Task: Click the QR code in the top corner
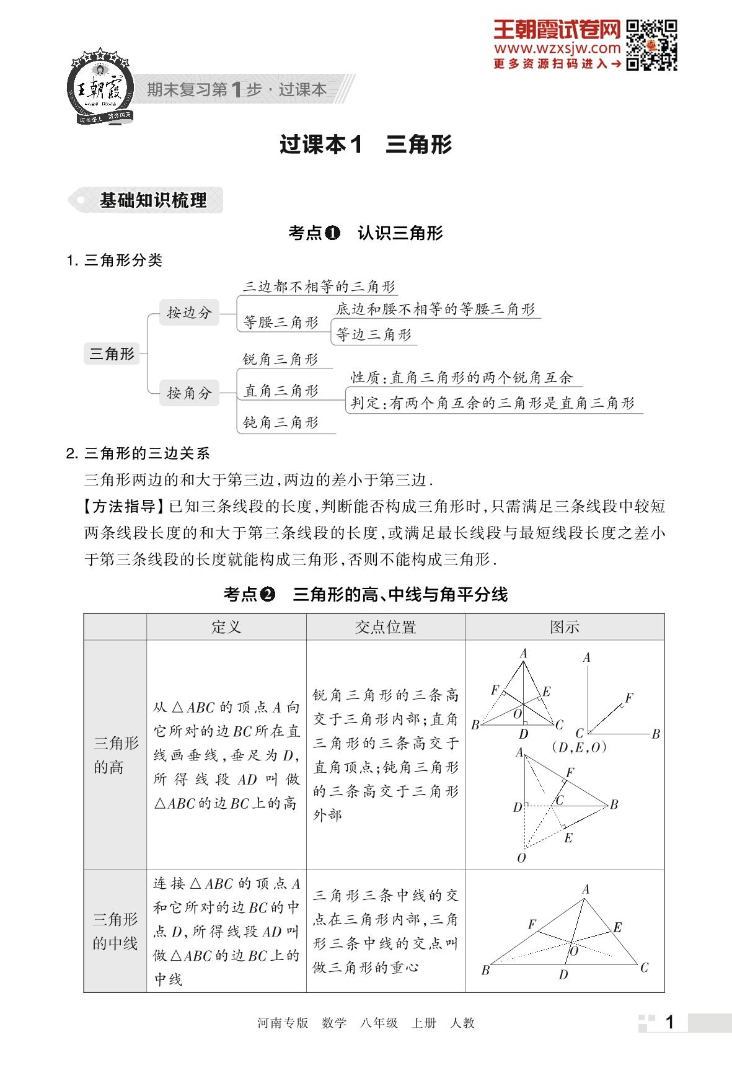651,45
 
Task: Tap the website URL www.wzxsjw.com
557,48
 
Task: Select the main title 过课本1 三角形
366,145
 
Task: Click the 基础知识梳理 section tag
152,200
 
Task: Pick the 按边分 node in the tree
189,313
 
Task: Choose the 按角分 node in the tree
189,393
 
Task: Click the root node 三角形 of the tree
112,354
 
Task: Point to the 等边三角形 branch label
374,335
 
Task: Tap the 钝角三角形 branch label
281,422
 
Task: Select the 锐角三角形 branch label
280,359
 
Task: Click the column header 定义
226,627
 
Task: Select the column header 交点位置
386,627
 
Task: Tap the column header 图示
564,627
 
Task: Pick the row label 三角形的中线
115,931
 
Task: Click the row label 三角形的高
115,755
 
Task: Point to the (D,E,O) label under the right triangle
578,747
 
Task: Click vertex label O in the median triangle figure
574,951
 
